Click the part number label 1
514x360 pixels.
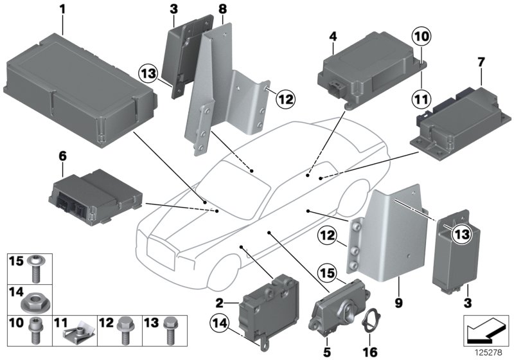coord(62,10)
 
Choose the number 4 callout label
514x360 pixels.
coord(332,37)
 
